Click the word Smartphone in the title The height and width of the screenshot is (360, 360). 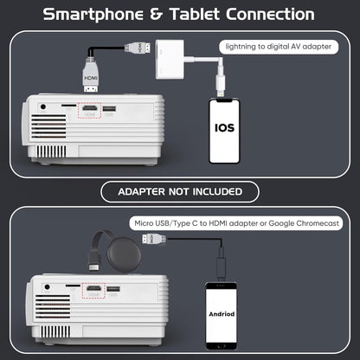[x=93, y=15]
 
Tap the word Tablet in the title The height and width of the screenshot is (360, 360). [x=195, y=14]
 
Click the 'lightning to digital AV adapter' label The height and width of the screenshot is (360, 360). [x=279, y=47]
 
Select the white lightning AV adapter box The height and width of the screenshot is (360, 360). [x=170, y=59]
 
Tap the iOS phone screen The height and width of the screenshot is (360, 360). [x=224, y=131]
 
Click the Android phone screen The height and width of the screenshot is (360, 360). [x=222, y=315]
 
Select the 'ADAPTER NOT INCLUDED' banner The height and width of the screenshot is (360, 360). [x=180, y=192]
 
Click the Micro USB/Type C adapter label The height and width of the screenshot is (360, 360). [x=236, y=223]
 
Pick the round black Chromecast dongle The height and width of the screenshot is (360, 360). [x=124, y=254]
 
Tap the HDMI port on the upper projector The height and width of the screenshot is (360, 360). [x=90, y=108]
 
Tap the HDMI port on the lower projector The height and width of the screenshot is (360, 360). [x=94, y=288]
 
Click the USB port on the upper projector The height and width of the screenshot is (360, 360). [x=109, y=109]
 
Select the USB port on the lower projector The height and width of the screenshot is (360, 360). [x=113, y=288]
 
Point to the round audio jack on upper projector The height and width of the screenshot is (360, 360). [x=43, y=106]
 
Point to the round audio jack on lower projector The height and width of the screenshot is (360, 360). [x=48, y=287]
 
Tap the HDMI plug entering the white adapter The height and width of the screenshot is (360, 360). [x=138, y=48]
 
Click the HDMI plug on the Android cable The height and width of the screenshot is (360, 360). [x=154, y=239]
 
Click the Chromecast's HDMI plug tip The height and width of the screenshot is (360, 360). [x=94, y=267]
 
